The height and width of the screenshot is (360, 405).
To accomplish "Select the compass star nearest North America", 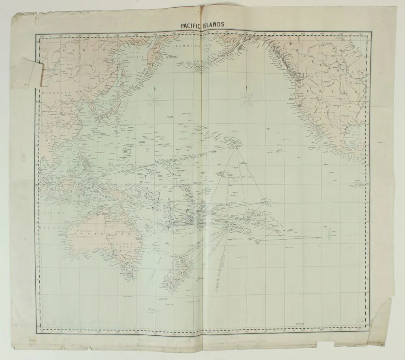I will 247,96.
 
